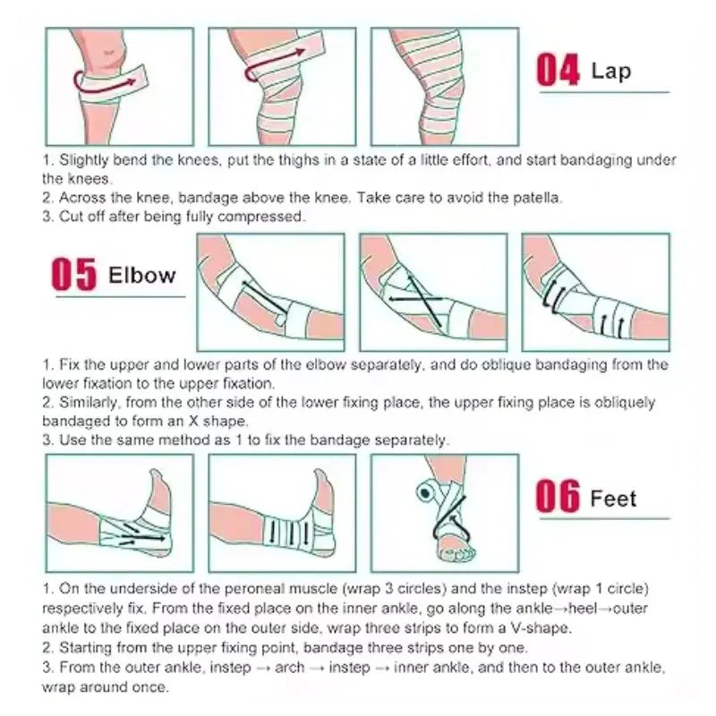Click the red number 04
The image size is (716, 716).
[x=558, y=71]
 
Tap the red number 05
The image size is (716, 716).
[x=72, y=275]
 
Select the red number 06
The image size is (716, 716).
[x=558, y=498]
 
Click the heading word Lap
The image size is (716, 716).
[x=612, y=70]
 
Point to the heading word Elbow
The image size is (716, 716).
[x=141, y=275]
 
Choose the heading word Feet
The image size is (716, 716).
[x=613, y=497]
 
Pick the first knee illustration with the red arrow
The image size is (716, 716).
[x=119, y=87]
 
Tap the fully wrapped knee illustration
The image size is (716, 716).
[x=444, y=87]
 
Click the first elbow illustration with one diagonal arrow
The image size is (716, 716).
[x=270, y=292]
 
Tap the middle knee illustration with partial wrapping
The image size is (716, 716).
[x=282, y=87]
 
